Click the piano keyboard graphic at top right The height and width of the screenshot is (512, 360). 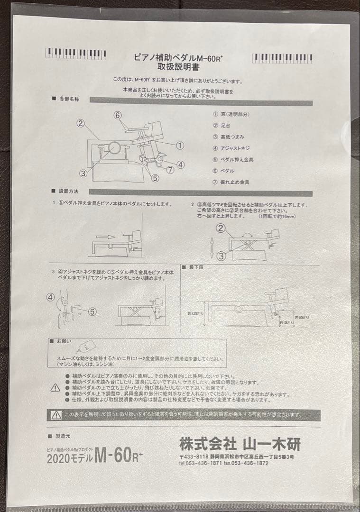(x=282, y=58)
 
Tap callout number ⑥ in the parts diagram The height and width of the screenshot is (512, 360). (x=118, y=115)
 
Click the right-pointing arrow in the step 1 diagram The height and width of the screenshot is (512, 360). (x=106, y=236)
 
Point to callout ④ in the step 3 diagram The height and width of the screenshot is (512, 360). (x=51, y=297)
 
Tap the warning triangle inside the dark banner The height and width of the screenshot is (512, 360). (x=56, y=415)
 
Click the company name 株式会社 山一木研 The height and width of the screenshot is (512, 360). (x=240, y=444)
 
